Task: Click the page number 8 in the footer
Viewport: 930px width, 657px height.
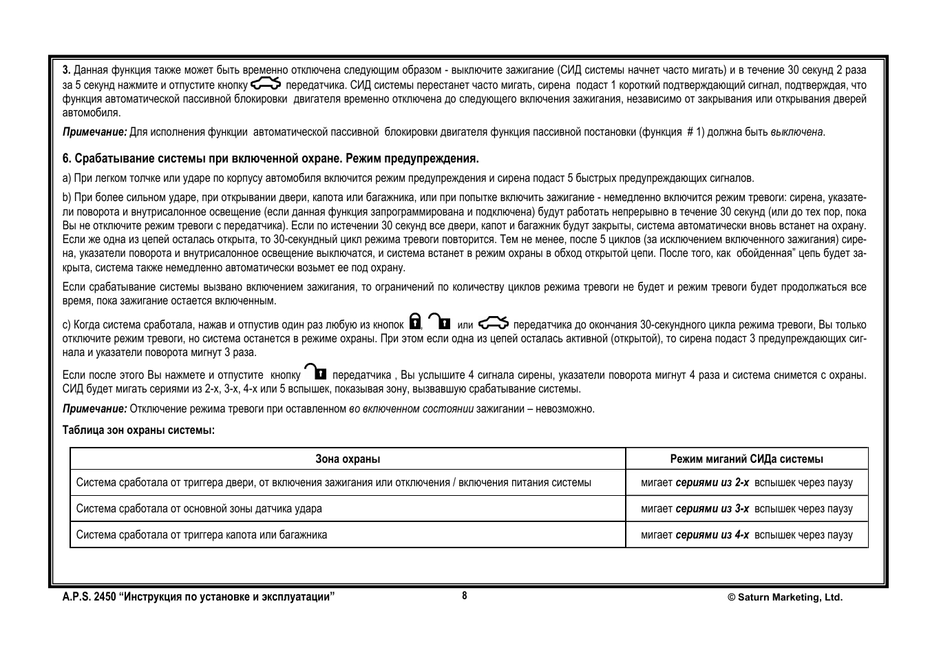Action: pyautogui.click(x=465, y=596)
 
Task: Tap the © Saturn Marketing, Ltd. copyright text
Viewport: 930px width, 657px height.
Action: pyautogui.click(x=785, y=598)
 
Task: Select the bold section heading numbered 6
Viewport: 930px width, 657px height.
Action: pyautogui.click(x=271, y=159)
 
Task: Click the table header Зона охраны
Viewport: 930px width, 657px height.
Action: pyautogui.click(x=348, y=459)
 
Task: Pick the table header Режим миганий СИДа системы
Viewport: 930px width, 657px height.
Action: pyautogui.click(x=746, y=459)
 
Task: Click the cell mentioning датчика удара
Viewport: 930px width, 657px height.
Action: pyautogui.click(x=199, y=509)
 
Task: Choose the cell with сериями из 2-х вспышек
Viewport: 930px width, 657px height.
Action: pyautogui.click(x=746, y=483)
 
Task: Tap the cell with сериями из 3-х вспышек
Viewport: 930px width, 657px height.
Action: pyautogui.click(x=746, y=509)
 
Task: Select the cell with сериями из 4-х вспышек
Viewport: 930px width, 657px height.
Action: pyautogui.click(x=746, y=535)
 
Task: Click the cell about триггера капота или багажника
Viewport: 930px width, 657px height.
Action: pyautogui.click(x=202, y=535)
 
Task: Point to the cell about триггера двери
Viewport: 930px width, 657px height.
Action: pyautogui.click(x=333, y=483)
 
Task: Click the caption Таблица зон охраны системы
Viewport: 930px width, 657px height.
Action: pyautogui.click(x=138, y=430)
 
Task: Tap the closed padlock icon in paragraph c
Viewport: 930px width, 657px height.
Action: pyautogui.click(x=414, y=322)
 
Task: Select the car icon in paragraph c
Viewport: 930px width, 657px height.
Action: pyautogui.click(x=494, y=322)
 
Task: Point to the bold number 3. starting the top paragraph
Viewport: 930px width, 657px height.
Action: pyautogui.click(x=67, y=70)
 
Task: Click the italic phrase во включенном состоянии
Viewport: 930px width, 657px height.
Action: pyautogui.click(x=411, y=409)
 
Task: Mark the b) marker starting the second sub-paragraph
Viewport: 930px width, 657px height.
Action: pyautogui.click(x=67, y=198)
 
